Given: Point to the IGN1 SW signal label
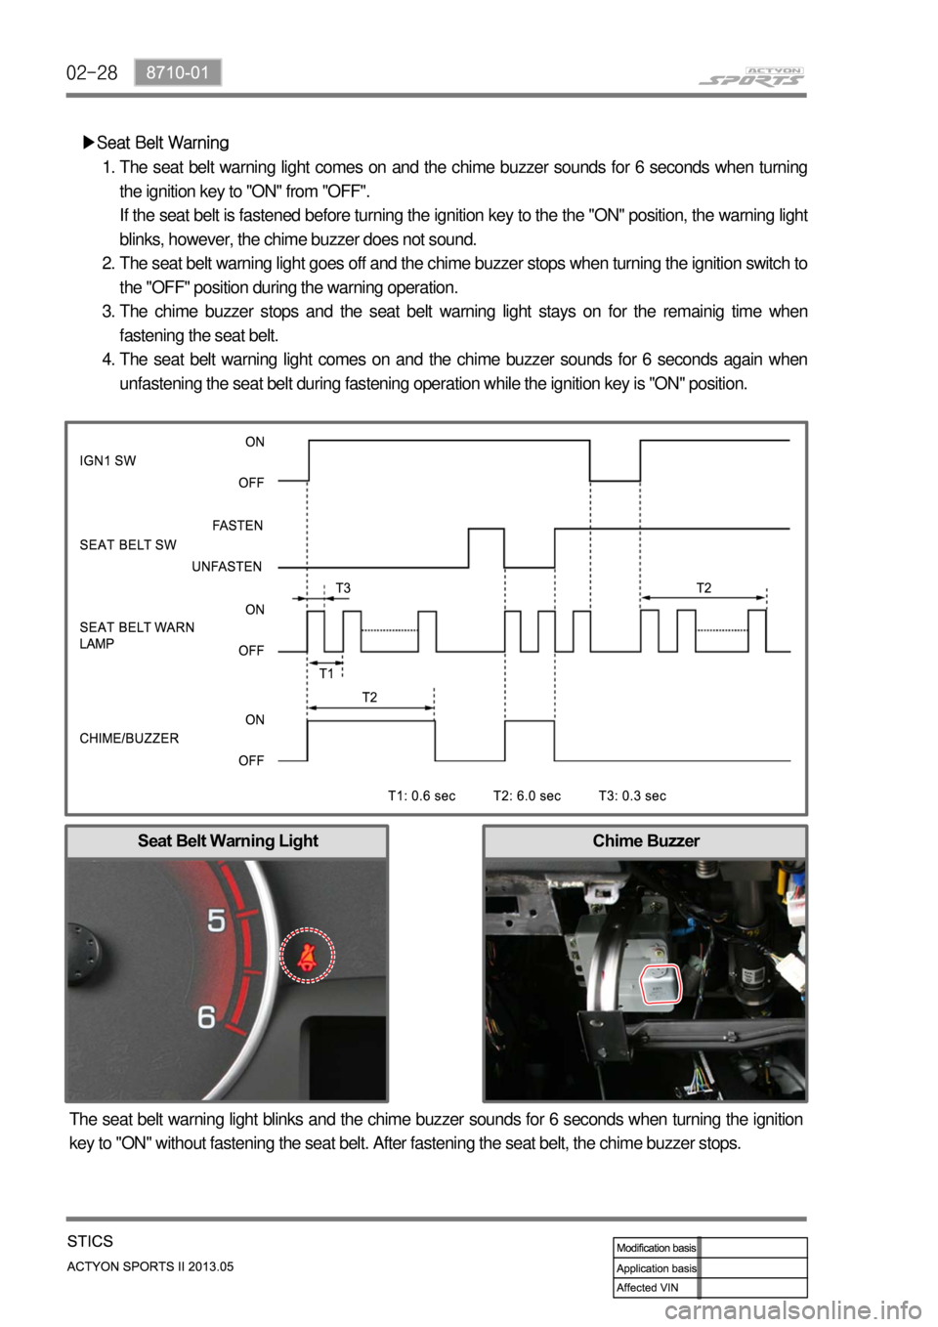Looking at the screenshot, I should point(107,461).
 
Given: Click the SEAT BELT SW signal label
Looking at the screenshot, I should point(128,544).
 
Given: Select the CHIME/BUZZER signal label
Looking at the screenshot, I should point(129,739).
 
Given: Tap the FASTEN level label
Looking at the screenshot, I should point(237,525).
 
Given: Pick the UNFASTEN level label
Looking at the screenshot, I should point(227,567).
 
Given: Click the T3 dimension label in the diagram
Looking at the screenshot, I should point(343,587).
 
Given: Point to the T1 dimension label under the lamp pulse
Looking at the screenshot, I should point(327,674).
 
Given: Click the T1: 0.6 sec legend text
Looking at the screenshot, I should point(421,795).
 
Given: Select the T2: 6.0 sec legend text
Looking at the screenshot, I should point(527,795).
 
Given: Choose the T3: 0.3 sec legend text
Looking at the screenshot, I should point(632,795).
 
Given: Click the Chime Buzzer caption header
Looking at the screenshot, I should point(645,840).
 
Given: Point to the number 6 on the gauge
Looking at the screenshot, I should point(206,1017).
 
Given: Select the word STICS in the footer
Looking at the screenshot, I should point(91,1243).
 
